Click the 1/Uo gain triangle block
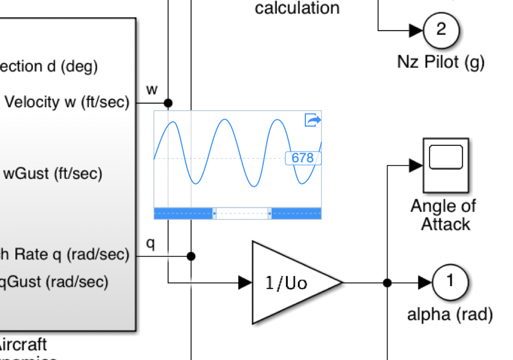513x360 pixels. (x=289, y=282)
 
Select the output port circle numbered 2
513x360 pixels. (x=441, y=30)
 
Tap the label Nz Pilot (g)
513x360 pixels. (x=440, y=62)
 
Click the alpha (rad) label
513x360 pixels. (x=449, y=314)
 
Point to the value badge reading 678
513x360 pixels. (x=302, y=158)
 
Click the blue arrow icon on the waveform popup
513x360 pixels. (x=313, y=120)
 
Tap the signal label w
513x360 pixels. (x=152, y=89)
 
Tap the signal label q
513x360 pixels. (x=151, y=244)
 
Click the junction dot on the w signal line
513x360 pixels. (x=168, y=103)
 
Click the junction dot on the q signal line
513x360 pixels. (x=191, y=256)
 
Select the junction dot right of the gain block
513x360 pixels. (x=388, y=282)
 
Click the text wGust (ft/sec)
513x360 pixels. (x=53, y=174)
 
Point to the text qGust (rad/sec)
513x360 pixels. (x=53, y=282)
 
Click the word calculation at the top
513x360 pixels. (x=297, y=9)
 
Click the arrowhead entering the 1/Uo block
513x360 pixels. (x=245, y=282)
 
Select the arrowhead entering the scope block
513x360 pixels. (x=416, y=165)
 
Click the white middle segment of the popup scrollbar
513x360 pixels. (x=241, y=214)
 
